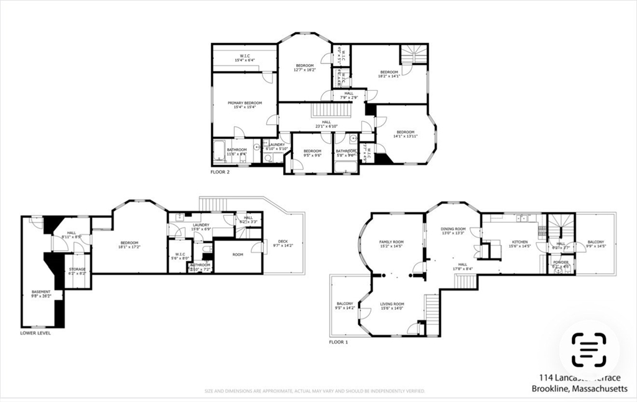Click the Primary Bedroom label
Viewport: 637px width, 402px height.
tap(244, 103)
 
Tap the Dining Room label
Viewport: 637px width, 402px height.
tap(453, 229)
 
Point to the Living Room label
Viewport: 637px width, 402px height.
tap(392, 304)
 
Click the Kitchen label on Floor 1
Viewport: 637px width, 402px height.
tap(519, 241)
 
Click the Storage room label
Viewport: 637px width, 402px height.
tap(77, 269)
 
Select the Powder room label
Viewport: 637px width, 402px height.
tap(561, 262)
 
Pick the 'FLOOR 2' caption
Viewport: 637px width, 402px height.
tap(220, 172)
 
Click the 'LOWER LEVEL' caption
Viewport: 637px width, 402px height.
tap(35, 333)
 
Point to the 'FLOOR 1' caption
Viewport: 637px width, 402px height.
tap(338, 342)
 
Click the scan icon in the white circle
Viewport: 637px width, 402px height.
tap(588, 349)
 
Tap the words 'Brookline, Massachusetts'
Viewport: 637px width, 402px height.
tap(579, 389)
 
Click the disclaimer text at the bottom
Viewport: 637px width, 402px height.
tap(315, 391)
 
